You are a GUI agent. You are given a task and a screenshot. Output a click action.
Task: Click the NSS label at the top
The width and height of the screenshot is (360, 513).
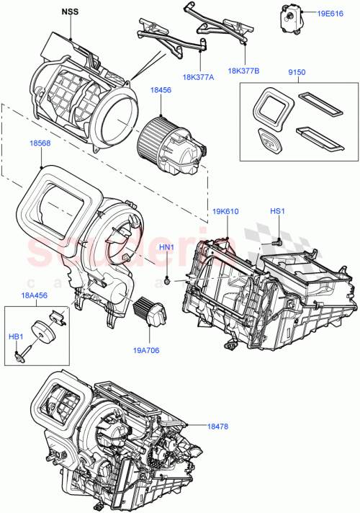pyautogui.click(x=71, y=12)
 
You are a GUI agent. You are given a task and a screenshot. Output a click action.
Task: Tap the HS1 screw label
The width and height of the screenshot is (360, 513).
pyautogui.click(x=277, y=211)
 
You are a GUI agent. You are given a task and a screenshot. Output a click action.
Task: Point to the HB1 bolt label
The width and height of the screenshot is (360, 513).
pyautogui.click(x=15, y=336)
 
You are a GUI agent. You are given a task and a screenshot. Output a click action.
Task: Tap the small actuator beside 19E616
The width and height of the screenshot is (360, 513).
pyautogui.click(x=289, y=15)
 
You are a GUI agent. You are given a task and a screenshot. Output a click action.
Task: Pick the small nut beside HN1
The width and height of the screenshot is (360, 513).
pyautogui.click(x=166, y=278)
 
